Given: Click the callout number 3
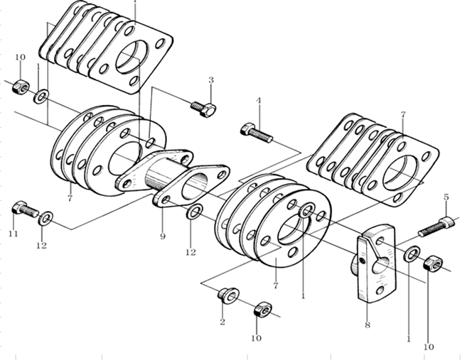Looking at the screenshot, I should (211, 80).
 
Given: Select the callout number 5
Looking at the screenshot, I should (446, 197).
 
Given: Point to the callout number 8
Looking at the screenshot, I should (367, 325).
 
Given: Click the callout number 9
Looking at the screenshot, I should (162, 236).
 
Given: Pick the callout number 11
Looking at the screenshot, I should (13, 234).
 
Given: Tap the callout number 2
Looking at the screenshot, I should (222, 323).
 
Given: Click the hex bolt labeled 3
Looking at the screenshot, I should (203, 109).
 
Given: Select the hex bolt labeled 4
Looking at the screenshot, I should (256, 132).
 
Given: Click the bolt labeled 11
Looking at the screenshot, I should (24, 209).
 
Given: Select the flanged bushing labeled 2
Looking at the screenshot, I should (227, 295).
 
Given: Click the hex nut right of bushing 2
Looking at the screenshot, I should (262, 310).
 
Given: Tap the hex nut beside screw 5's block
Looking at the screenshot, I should (430, 264).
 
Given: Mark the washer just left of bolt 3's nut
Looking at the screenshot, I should (43, 94).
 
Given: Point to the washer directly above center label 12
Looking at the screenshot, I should (195, 211).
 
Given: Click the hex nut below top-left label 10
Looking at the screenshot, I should (21, 87).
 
